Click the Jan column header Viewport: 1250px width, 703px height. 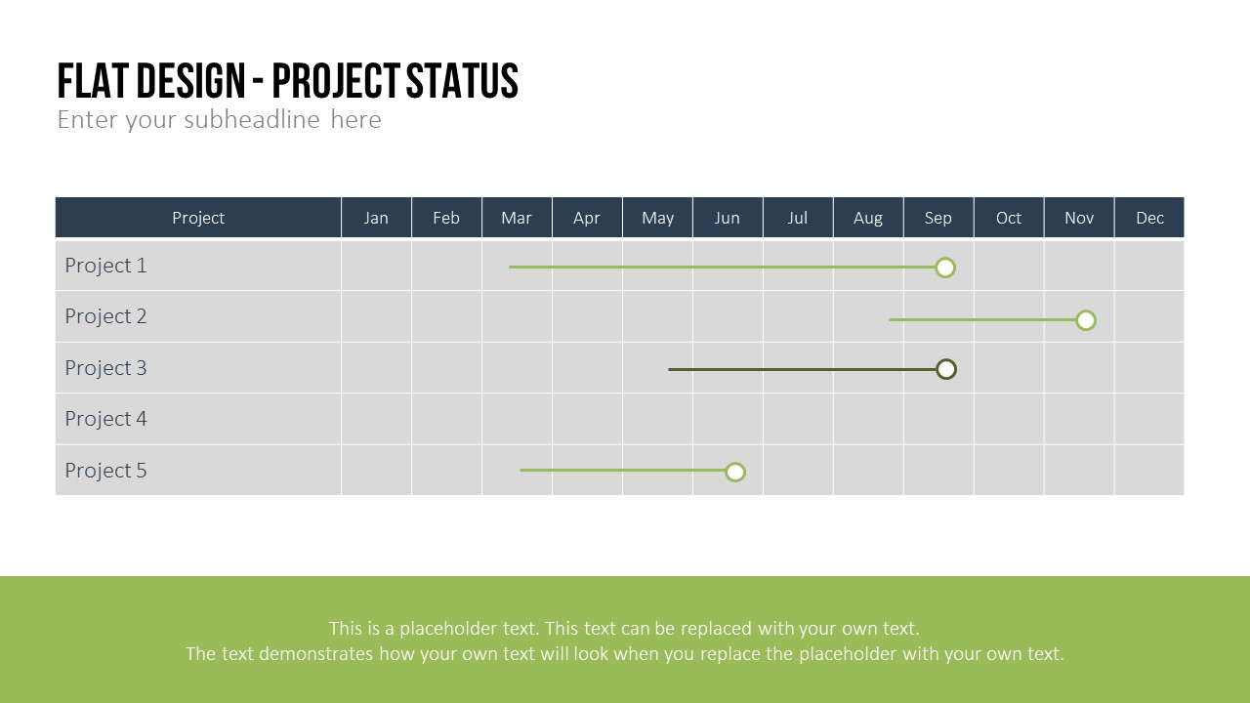tap(376, 218)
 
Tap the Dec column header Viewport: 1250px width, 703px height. tap(1149, 218)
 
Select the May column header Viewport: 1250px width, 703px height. tap(657, 218)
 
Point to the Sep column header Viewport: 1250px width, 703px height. tap(938, 218)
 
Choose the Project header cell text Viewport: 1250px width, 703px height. tap(198, 218)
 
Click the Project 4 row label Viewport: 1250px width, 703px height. tap(106, 419)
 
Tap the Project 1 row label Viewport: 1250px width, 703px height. tap(106, 266)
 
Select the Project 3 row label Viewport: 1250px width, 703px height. tap(106, 368)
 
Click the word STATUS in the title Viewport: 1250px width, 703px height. tap(463, 81)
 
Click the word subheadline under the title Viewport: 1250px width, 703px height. tap(252, 119)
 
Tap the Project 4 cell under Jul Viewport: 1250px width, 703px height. tap(798, 419)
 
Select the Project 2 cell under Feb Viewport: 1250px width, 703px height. tap(446, 316)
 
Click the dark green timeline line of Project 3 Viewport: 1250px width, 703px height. tap(803, 369)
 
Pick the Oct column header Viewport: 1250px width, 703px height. tap(1009, 218)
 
